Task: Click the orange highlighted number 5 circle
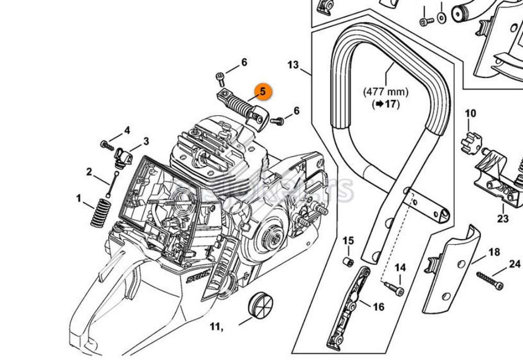click(262, 92)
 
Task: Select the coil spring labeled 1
click(98, 215)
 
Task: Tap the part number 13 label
click(293, 65)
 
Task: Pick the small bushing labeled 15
click(347, 261)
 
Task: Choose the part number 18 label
click(494, 252)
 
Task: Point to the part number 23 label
click(503, 219)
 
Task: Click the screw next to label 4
click(108, 143)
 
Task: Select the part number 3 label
click(146, 141)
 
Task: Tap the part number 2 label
click(89, 172)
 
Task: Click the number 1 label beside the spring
click(79, 198)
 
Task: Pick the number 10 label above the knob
click(470, 114)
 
